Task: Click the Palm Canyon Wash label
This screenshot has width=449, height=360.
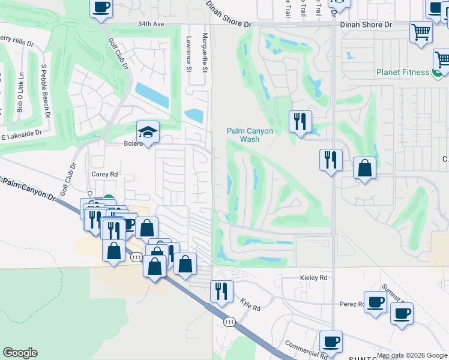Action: [x=249, y=135]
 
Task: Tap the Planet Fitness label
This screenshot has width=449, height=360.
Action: [x=403, y=73]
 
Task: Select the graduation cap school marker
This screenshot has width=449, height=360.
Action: [x=147, y=131]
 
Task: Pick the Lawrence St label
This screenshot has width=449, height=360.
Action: [x=188, y=52]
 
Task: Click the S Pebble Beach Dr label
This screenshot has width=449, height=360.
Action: [x=44, y=84]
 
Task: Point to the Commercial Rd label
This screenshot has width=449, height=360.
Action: [x=306, y=350]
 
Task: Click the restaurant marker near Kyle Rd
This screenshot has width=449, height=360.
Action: [x=221, y=291]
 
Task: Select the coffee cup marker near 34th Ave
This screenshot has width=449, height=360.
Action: [x=101, y=8]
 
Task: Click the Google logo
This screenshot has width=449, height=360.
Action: [x=20, y=353]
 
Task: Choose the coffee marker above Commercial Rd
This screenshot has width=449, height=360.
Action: [x=331, y=341]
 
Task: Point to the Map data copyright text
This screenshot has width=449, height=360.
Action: [x=412, y=356]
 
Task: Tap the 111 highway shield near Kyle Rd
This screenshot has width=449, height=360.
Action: [x=229, y=322]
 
